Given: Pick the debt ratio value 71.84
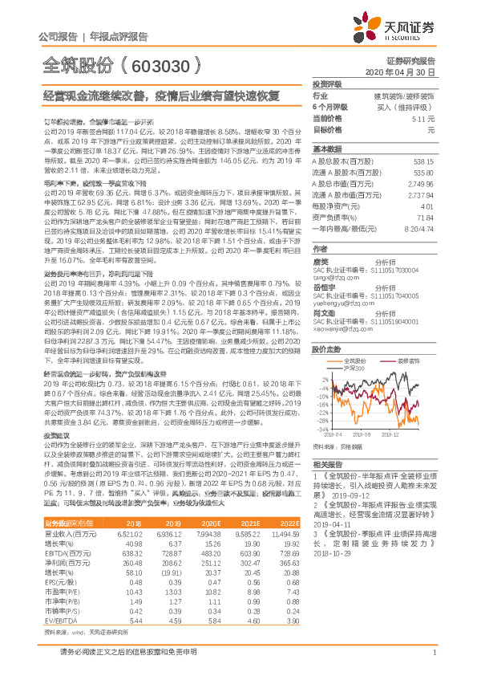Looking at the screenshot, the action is point(425,217).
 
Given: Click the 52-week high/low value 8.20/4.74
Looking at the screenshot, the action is point(419,228).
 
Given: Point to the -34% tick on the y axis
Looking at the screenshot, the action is point(321,430).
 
